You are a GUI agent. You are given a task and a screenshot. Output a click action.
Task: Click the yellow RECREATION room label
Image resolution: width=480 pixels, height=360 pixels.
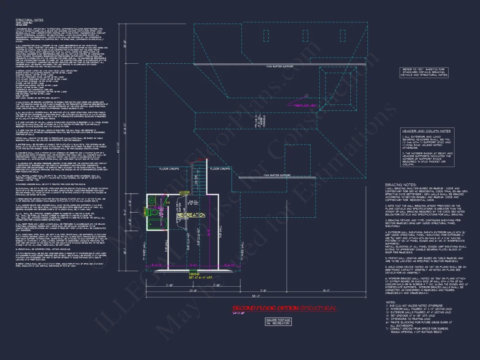click(191, 215)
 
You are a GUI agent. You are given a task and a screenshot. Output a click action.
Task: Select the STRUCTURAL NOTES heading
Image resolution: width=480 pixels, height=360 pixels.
click(29, 20)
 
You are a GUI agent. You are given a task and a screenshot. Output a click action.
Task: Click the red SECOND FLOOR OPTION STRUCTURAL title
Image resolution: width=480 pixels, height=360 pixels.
click(284, 309)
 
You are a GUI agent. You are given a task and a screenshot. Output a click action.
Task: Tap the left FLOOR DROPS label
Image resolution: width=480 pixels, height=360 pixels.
click(169, 168)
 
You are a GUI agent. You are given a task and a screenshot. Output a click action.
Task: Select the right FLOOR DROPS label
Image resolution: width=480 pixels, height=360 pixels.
click(220, 168)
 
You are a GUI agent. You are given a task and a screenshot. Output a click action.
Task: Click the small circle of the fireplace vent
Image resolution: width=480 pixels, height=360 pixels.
click(305, 96)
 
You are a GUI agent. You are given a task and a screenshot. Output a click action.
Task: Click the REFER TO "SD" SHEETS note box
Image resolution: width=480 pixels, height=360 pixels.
click(425, 72)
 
